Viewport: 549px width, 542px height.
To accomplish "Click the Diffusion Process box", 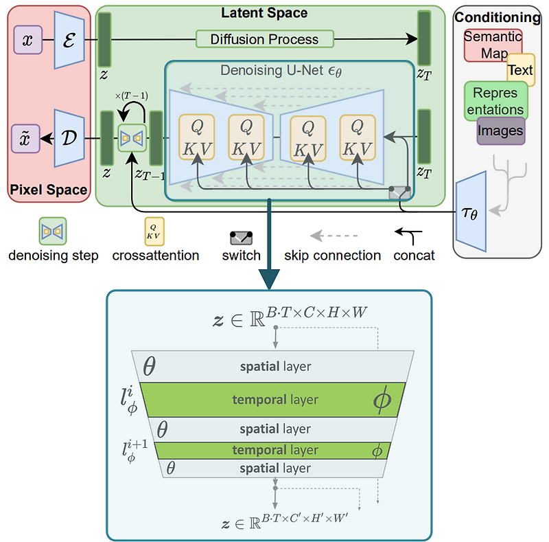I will [264, 39].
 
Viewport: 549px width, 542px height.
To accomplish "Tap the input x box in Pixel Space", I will [27, 41].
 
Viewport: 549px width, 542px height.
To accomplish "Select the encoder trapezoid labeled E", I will [69, 41].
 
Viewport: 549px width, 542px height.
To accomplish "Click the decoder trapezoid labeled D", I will [69, 138].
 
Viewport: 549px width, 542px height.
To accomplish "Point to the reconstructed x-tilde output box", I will [27, 138].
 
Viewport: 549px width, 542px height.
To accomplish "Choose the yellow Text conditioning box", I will [520, 70].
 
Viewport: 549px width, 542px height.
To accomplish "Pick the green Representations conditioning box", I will [495, 102].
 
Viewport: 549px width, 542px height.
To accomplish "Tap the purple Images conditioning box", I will [500, 131].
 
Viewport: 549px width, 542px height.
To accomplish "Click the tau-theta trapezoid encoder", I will [471, 209].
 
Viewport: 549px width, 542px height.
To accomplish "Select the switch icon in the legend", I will [241, 238].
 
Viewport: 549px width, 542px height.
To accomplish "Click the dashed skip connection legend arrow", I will [331, 236].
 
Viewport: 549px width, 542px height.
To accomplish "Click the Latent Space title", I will [264, 12].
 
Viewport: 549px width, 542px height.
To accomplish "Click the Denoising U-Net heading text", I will [289, 70].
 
